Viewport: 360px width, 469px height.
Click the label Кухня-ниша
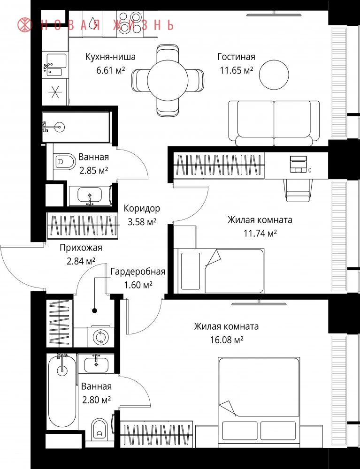coord(110,57)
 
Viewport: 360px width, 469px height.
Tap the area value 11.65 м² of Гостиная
coord(237,71)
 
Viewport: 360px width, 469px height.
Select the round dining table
coord(168,80)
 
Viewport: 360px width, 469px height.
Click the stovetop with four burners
coord(130,23)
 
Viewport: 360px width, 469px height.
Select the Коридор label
coord(142,208)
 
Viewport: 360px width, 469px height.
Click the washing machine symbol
coord(100,337)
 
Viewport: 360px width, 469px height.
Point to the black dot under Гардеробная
coord(94,310)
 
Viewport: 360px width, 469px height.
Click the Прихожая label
coord(81,248)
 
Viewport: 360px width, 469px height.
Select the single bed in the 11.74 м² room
coord(221,271)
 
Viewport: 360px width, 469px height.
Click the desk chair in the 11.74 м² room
coord(296,189)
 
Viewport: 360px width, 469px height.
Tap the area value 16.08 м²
coord(227,340)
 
